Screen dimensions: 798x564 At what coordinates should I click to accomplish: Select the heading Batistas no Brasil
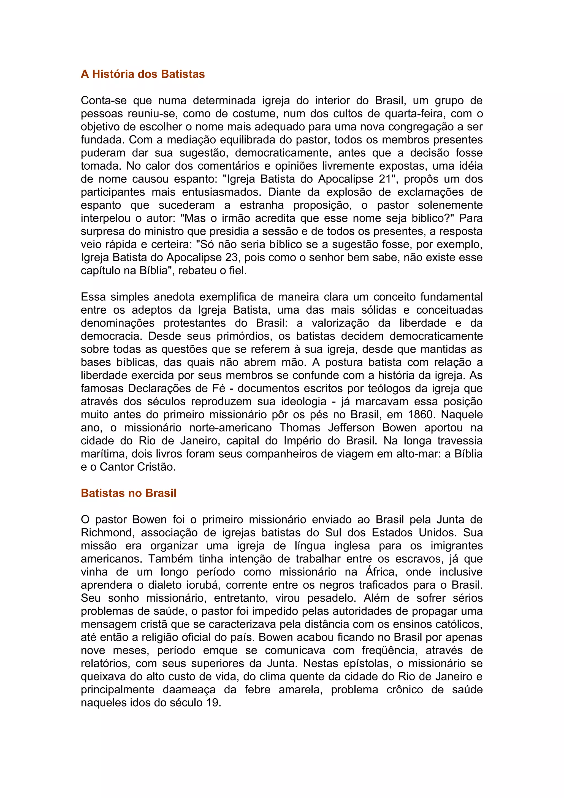click(x=129, y=493)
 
